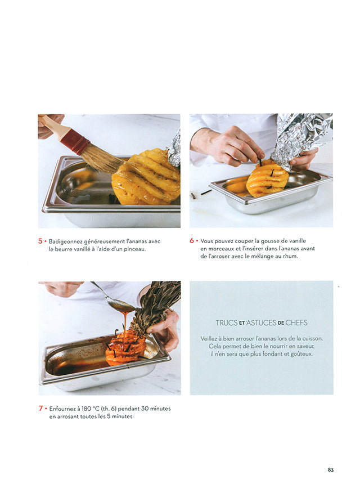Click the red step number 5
pyautogui.click(x=40, y=241)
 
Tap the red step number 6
pyautogui.click(x=192, y=240)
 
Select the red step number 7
pyautogui.click(x=40, y=409)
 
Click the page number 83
pyautogui.click(x=330, y=470)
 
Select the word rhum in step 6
pyautogui.click(x=291, y=256)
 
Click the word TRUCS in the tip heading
pyautogui.click(x=227, y=323)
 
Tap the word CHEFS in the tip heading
pyautogui.click(x=296, y=323)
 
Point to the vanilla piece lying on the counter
pyautogui.click(x=206, y=192)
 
